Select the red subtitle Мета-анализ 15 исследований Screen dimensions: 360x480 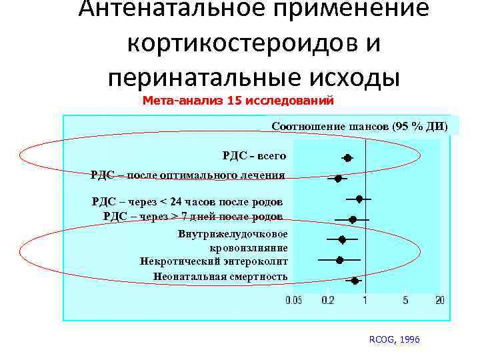coord(238,101)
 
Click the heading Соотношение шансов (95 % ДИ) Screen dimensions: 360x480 coord(359,126)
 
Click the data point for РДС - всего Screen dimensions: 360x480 coord(347,158)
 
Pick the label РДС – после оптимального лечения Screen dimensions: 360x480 coord(187,175)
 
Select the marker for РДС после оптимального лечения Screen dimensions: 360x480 coord(339,179)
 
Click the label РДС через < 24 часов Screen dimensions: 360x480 coord(187,201)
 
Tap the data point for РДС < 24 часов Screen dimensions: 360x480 coord(359,199)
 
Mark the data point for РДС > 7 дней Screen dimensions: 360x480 coord(353,219)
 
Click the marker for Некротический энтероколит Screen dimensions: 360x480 coord(340,260)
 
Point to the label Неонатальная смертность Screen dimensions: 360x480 coord(220,276)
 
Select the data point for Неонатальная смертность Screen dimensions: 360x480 coord(355,281)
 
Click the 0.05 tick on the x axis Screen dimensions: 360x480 coord(293,301)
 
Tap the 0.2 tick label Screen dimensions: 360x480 coord(328,301)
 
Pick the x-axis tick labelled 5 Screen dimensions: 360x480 coord(406,301)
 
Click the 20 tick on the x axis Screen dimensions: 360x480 coord(439,301)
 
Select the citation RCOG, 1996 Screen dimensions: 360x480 coord(394,339)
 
